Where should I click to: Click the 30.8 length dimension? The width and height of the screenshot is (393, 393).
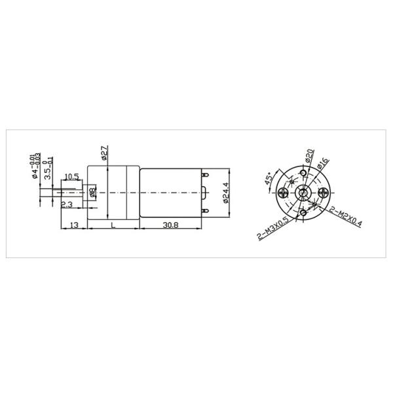(x=170, y=225)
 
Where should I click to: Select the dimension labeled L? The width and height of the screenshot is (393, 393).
(x=113, y=225)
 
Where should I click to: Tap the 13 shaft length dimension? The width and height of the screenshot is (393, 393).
(x=74, y=225)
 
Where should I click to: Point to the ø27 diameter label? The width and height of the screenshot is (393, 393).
(x=105, y=153)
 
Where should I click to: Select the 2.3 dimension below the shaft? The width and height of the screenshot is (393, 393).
(x=67, y=205)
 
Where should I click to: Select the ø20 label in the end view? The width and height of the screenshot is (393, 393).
(x=309, y=157)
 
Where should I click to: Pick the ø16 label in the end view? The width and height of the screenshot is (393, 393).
(x=322, y=164)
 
